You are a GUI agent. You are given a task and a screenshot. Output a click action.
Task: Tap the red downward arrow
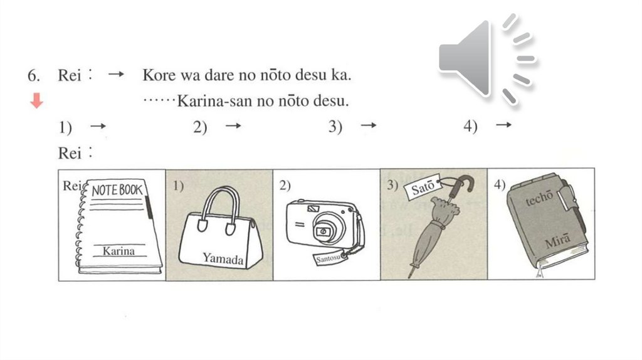click(x=36, y=100)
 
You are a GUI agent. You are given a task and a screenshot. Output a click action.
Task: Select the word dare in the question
click(x=221, y=75)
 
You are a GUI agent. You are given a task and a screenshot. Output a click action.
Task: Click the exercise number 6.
click(x=34, y=75)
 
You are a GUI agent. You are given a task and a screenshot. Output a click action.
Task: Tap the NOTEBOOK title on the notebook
click(x=117, y=190)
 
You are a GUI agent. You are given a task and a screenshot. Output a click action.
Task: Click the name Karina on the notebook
click(x=118, y=251)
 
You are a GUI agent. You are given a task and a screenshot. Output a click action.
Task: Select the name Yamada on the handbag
click(x=223, y=258)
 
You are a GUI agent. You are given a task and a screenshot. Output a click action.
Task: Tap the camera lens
click(x=323, y=231)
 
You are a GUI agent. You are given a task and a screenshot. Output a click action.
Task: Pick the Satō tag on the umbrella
click(x=422, y=189)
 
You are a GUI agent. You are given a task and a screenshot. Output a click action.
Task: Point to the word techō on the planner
click(x=539, y=198)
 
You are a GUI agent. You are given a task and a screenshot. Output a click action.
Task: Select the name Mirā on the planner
click(x=557, y=241)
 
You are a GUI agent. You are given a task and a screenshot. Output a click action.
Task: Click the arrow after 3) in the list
click(x=368, y=125)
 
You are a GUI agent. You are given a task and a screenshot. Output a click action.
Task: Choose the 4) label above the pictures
click(x=470, y=126)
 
